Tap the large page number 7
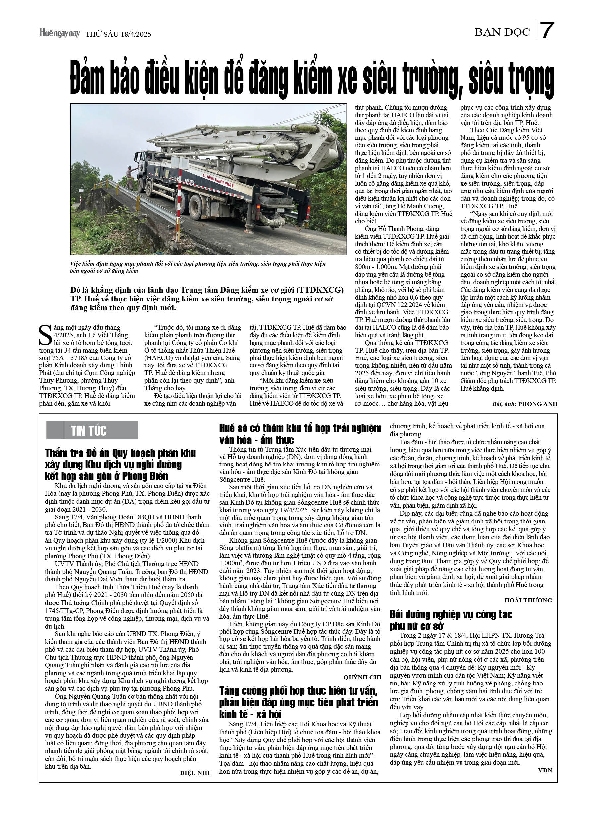click(547, 30)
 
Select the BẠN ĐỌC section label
click(502, 32)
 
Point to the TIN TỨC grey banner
click(92, 431)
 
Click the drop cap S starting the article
click(45, 335)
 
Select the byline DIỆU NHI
click(195, 773)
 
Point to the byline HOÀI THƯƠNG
click(528, 600)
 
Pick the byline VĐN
click(545, 770)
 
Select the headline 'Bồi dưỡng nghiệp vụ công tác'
click(451, 614)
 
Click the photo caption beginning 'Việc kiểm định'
click(197, 267)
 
